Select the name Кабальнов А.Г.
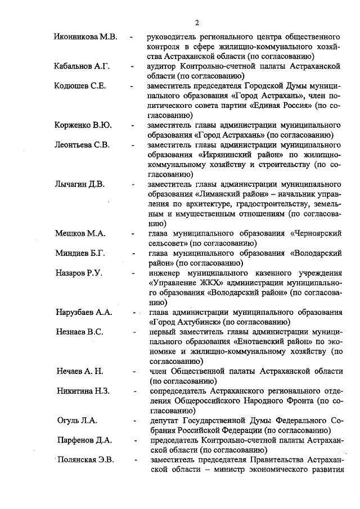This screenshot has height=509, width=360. [x=82, y=66]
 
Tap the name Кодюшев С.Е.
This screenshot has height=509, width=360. [x=81, y=86]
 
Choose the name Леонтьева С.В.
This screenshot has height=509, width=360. [x=82, y=145]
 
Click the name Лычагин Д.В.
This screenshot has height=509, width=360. [x=79, y=184]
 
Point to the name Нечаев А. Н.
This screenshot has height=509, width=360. [x=80, y=371]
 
